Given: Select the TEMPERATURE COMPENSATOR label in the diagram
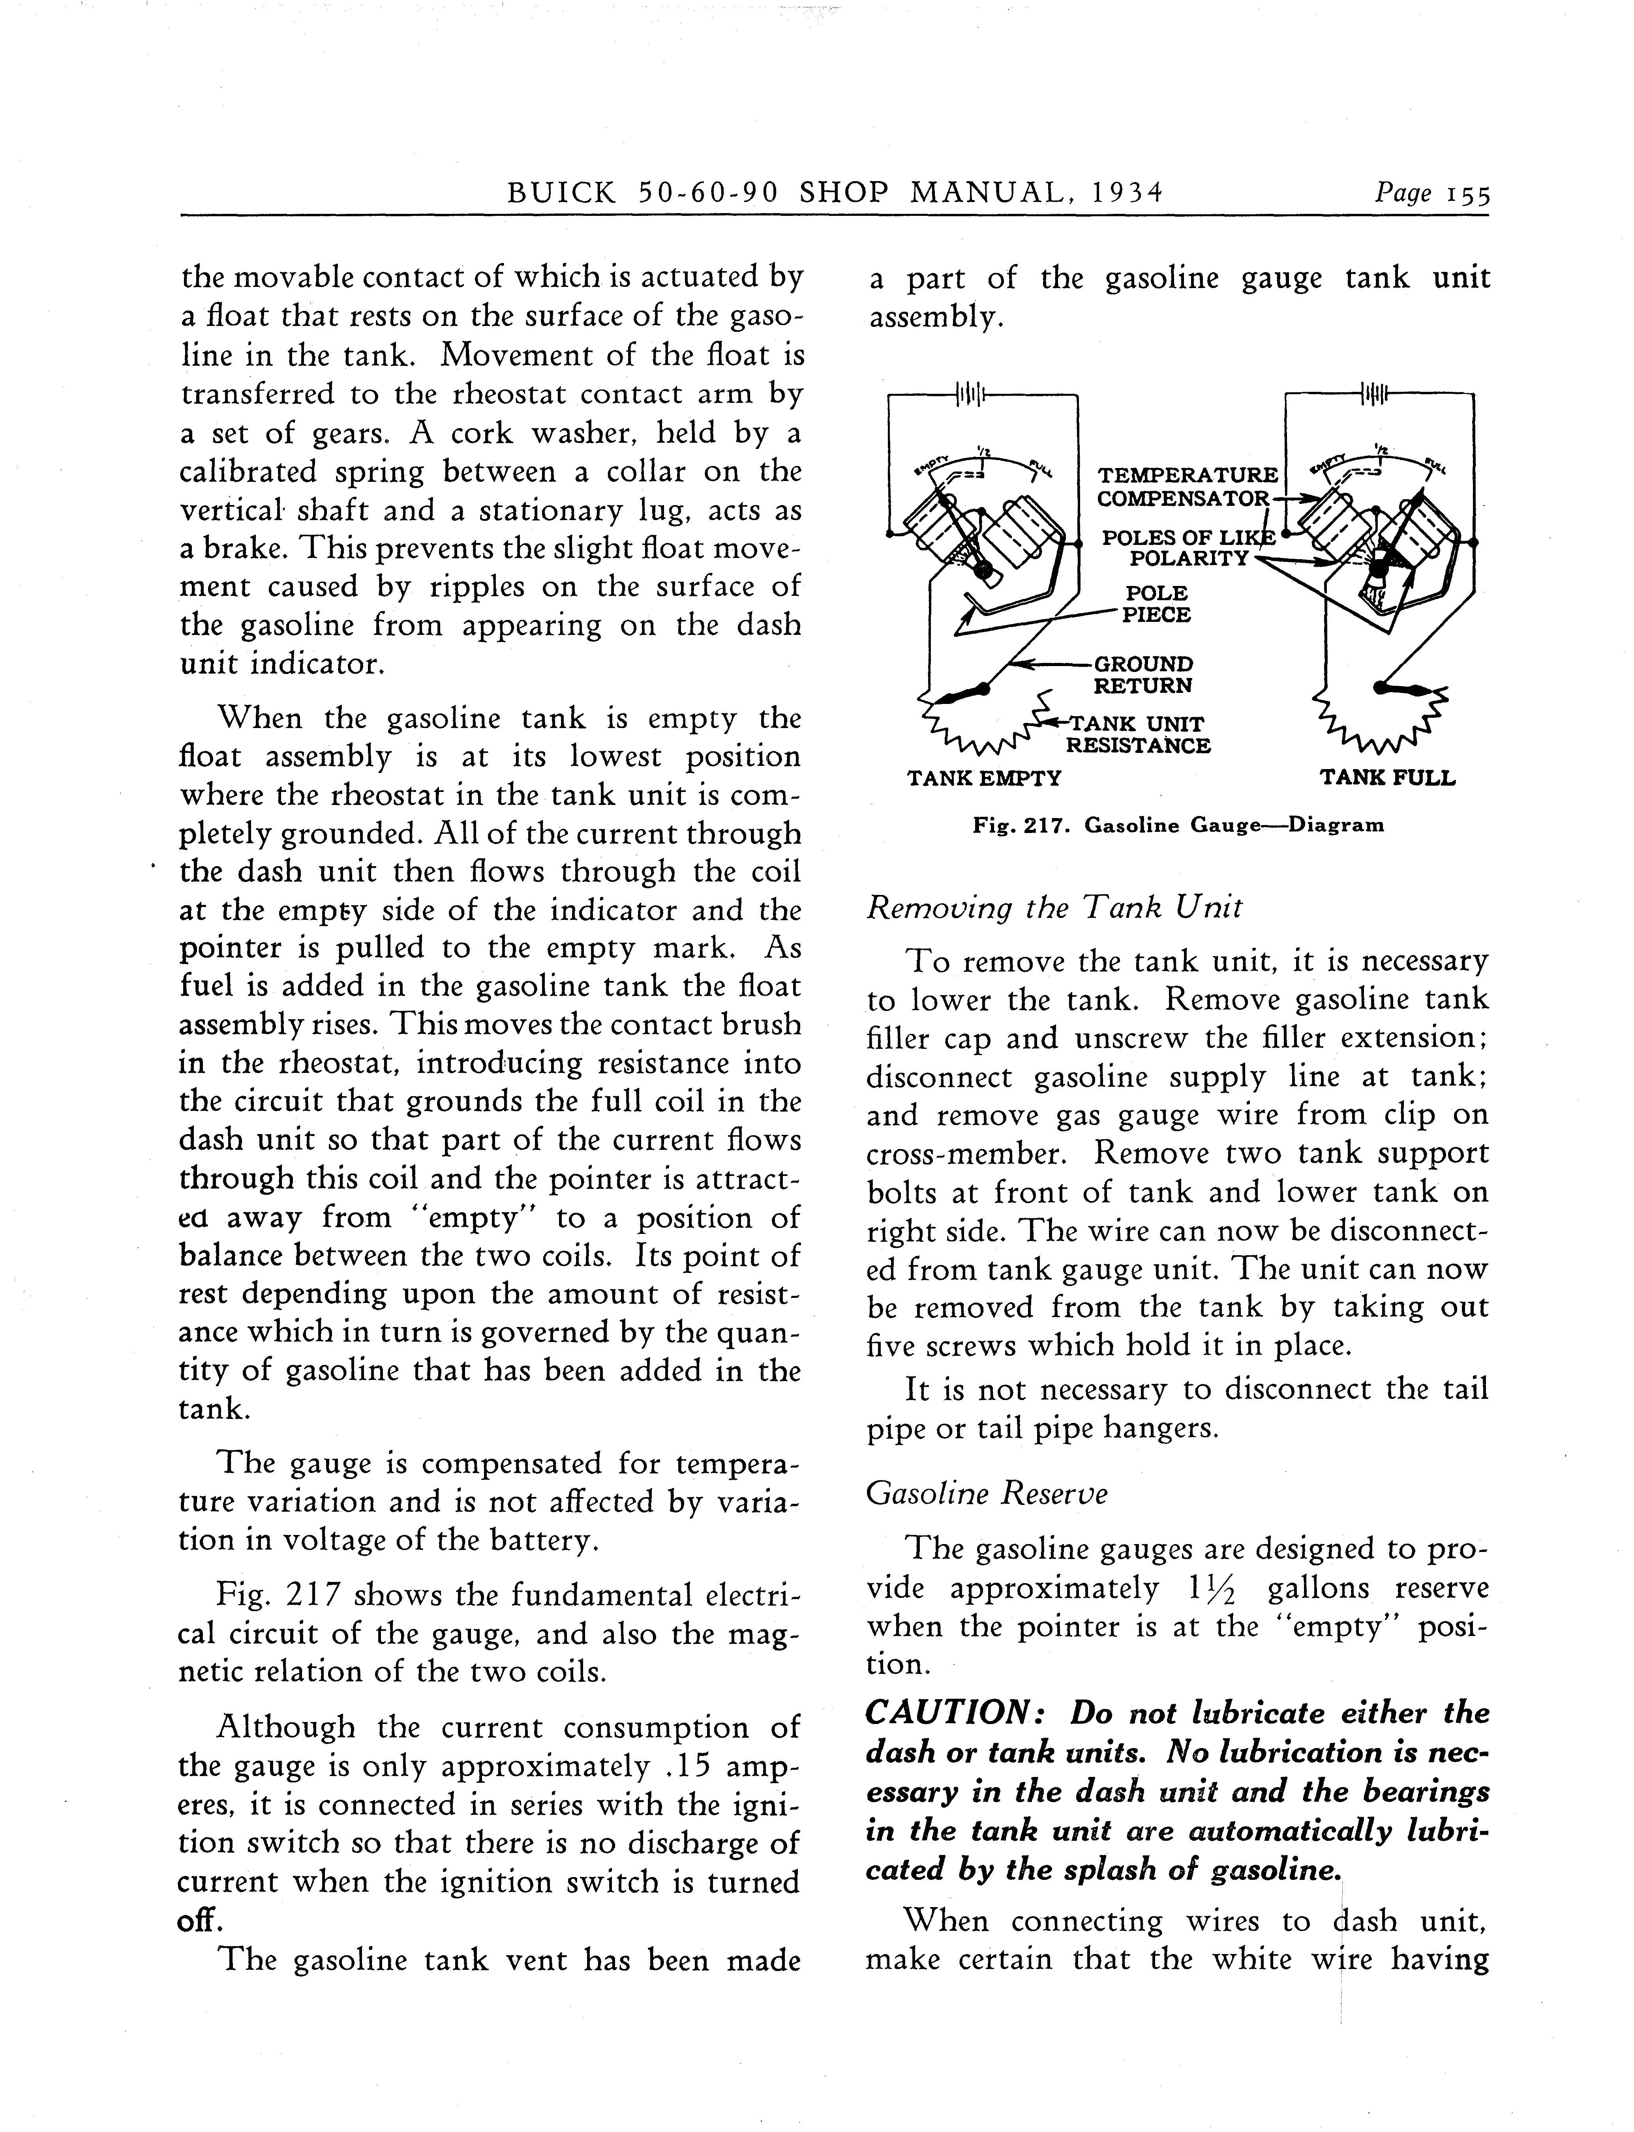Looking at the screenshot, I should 1187,486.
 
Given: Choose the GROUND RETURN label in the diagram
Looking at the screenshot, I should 1143,675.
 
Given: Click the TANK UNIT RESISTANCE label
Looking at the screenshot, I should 1138,735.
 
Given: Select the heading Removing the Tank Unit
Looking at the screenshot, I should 1053,908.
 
